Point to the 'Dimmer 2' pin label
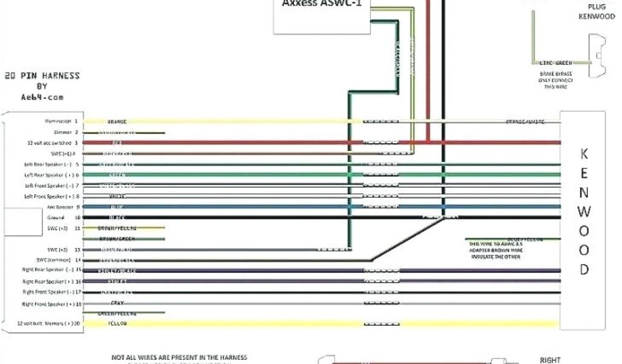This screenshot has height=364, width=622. click(x=68, y=132)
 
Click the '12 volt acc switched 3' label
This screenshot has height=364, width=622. click(x=53, y=143)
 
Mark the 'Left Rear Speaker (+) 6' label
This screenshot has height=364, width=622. click(x=53, y=175)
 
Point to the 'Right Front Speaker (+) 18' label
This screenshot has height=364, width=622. click(x=52, y=303)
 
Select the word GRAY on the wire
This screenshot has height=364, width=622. click(x=117, y=303)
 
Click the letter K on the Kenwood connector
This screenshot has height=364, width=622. click(x=584, y=154)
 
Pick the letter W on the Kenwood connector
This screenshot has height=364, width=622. click(x=584, y=212)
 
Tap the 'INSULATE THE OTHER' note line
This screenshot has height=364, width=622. click(x=496, y=257)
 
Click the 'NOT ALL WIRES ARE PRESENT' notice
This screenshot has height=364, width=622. click(x=179, y=357)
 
